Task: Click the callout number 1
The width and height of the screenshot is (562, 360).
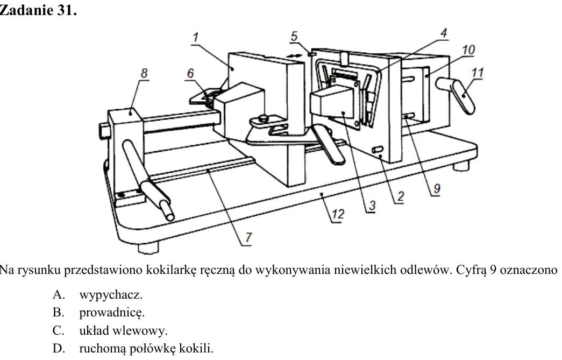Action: (x=195, y=37)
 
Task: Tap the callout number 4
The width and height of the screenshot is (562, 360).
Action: (x=444, y=33)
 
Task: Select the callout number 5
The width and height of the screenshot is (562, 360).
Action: (x=294, y=36)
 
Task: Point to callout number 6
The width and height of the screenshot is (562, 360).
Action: (x=190, y=74)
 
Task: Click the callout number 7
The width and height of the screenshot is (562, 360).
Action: (x=248, y=238)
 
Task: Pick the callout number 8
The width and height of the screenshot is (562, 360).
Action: (x=144, y=74)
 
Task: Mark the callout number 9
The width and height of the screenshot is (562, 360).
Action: (x=437, y=188)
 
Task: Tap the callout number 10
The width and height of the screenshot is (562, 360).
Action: (x=468, y=50)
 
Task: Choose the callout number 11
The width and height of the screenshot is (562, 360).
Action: (x=477, y=73)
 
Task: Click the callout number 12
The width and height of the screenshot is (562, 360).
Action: (x=338, y=214)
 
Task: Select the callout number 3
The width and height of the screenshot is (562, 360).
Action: (x=372, y=206)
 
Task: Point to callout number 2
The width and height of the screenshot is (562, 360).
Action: (x=400, y=196)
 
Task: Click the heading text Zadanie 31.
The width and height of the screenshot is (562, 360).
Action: (x=38, y=10)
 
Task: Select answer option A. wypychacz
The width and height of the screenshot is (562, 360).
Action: (x=97, y=295)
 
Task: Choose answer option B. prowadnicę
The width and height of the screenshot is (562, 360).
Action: (x=98, y=313)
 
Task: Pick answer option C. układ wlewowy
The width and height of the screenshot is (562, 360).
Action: (x=110, y=330)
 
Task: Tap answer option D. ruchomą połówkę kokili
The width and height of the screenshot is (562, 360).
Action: (x=133, y=348)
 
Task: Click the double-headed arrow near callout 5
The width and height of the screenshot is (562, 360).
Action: (x=294, y=55)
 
